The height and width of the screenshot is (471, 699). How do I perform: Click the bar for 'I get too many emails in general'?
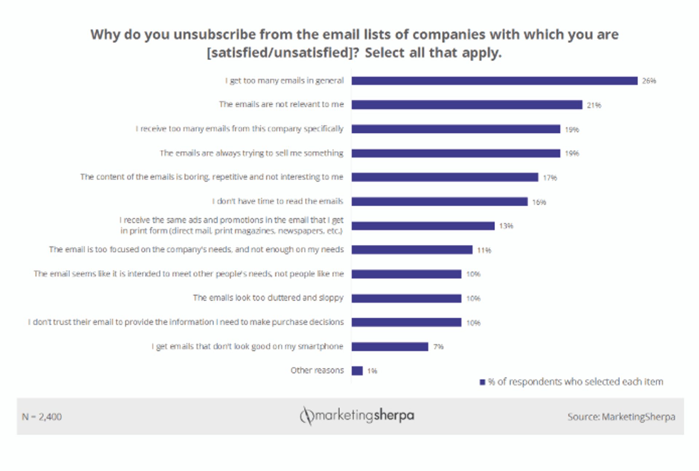coord(494,81)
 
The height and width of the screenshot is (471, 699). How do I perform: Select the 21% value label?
coord(594,105)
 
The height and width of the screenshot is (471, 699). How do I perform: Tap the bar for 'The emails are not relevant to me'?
coord(467,105)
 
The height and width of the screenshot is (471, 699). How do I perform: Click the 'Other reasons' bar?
coord(357,371)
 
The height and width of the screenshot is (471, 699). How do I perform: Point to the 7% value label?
coord(438,347)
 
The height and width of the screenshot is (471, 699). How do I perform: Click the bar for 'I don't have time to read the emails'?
coord(439,202)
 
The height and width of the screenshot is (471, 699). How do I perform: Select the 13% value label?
coord(506,226)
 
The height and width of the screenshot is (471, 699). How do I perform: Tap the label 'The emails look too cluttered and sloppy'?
coord(268,298)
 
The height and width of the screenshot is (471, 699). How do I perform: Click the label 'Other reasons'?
coord(317,370)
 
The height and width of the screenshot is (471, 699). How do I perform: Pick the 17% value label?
coord(550,178)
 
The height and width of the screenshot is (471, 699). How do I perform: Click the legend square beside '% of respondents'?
coord(482,382)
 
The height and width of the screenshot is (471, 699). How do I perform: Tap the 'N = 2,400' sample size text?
coord(42,417)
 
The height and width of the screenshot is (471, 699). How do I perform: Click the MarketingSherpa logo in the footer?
coord(357,416)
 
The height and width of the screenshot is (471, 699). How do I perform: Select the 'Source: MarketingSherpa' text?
coord(621,417)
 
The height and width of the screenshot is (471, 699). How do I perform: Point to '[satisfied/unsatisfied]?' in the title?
coord(283,53)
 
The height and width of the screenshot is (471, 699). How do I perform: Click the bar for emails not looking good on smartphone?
coord(390,347)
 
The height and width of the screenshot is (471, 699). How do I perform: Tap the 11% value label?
coord(484,250)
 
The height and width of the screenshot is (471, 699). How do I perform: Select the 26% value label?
coord(649,81)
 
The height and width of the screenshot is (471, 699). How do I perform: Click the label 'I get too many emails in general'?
coord(284,81)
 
